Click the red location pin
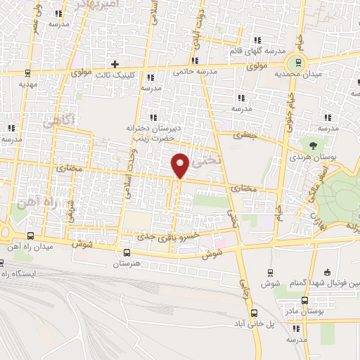click(x=180, y=165)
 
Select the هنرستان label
click(x=127, y=263)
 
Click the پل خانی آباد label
click(x=255, y=326)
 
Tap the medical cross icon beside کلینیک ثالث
click(x=115, y=63)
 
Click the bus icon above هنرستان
click(x=127, y=252)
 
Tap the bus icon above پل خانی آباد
click(x=255, y=314)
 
